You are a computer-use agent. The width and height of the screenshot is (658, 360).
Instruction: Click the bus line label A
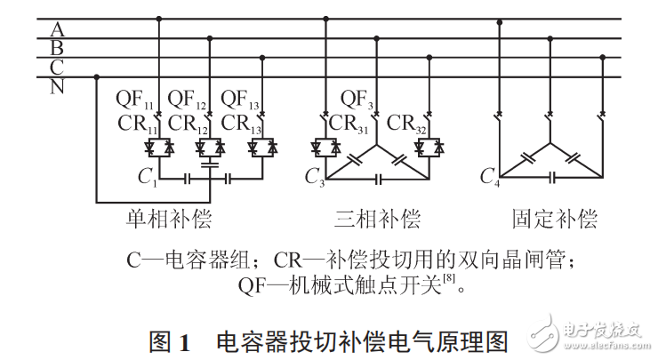[x=56, y=27]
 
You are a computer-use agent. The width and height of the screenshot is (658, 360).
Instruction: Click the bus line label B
[x=56, y=46]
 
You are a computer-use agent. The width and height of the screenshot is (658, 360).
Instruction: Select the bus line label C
[x=56, y=67]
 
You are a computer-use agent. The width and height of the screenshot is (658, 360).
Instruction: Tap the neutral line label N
[x=56, y=86]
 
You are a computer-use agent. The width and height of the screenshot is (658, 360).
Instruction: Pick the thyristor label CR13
[x=240, y=124]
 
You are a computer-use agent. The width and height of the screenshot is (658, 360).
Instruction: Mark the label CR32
[x=409, y=124]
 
